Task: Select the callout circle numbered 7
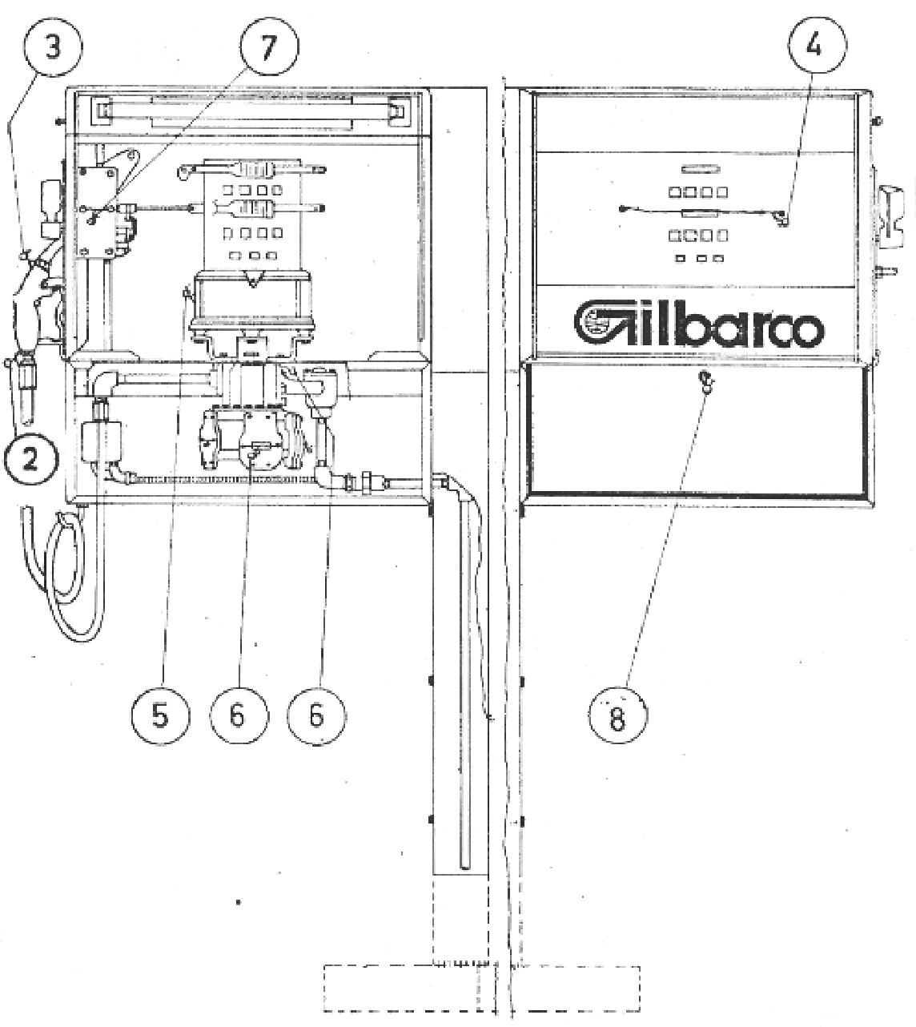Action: click(x=269, y=47)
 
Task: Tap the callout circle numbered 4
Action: click(x=817, y=47)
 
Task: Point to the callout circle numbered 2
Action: click(x=31, y=461)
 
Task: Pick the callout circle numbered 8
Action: click(x=617, y=715)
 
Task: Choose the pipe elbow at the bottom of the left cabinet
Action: click(x=327, y=477)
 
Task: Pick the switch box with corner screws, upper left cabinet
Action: click(x=96, y=211)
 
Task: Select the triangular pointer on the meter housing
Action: click(x=252, y=278)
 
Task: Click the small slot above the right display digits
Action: click(x=699, y=169)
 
